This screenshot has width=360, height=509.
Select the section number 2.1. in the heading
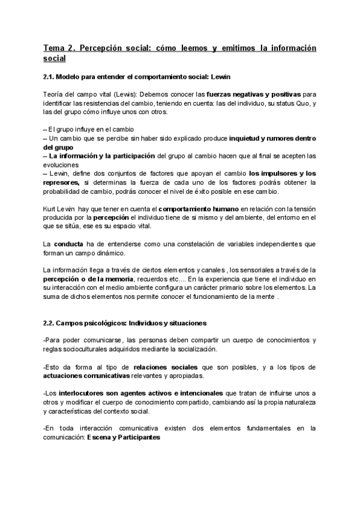tap(50, 77)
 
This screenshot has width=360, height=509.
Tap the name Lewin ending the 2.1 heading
tap(217, 77)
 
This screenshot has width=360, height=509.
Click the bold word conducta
tap(69, 244)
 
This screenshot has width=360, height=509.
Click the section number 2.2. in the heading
tap(50, 323)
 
